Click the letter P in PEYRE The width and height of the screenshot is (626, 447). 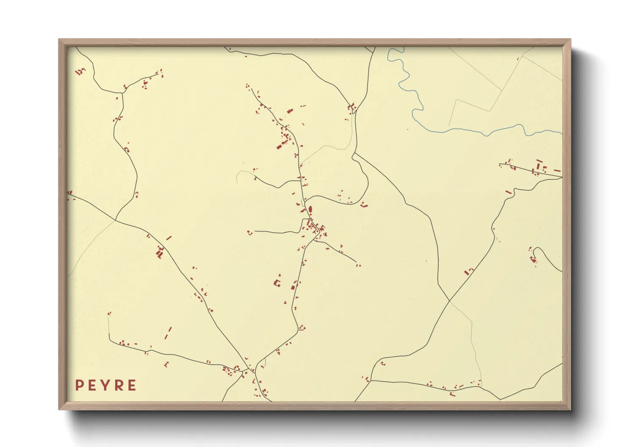[79, 385]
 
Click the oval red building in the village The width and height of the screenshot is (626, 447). [310, 209]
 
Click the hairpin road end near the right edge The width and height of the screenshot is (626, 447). [535, 250]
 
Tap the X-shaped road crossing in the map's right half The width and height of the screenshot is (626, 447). [449, 301]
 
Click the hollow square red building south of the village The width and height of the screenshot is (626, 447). [278, 283]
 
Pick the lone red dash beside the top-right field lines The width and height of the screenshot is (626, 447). [518, 59]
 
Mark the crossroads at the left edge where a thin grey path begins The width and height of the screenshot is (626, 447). [115, 220]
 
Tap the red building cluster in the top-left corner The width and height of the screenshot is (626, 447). [80, 71]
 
